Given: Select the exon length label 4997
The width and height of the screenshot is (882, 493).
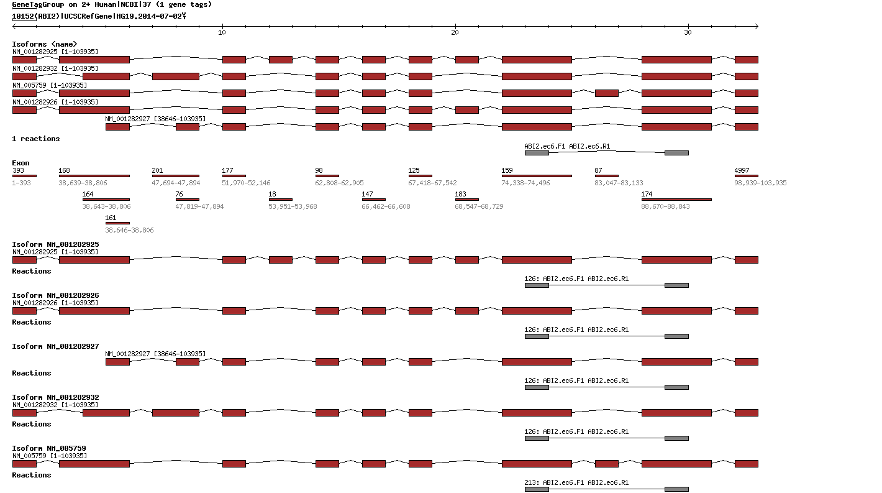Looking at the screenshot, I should coord(742,170).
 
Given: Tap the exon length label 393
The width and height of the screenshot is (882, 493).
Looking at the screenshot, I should coord(18,170).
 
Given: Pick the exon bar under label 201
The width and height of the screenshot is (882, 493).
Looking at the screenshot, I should coord(176,176).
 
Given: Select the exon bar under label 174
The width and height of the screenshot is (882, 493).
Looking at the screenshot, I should coord(676,200).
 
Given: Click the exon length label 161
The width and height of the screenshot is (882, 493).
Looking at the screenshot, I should coord(111,218).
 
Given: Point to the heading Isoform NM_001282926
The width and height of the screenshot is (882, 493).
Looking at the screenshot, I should coord(55,295).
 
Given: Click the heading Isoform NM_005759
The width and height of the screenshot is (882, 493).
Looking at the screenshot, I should coord(49,448).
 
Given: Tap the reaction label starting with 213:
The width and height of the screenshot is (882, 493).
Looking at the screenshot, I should coord(576,482).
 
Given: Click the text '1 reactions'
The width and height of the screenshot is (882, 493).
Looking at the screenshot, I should coord(36,139).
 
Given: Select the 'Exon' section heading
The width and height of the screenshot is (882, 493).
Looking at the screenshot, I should coord(20,163).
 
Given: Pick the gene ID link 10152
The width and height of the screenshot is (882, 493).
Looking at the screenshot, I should coord(24,16).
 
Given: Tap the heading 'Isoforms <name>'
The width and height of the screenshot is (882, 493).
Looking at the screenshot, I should coord(45,44).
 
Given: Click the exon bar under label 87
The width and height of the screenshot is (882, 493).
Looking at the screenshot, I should coord(606,176).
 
